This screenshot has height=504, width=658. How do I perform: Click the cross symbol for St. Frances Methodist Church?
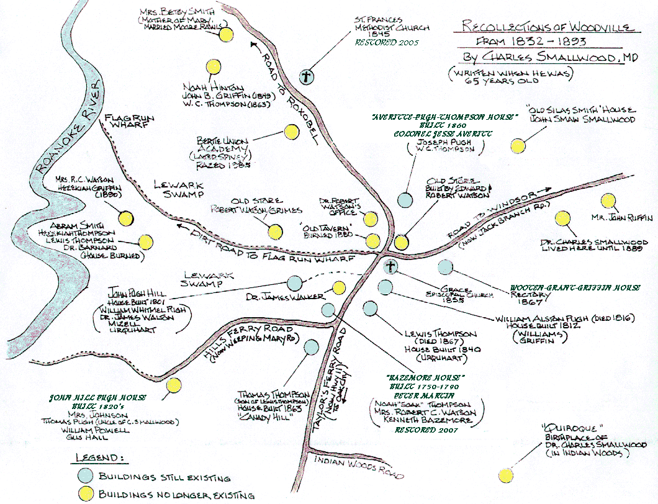click(x=305, y=77)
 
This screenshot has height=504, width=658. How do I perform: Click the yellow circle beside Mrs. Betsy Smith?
click(x=226, y=35)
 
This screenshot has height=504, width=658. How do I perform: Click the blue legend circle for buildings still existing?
click(x=86, y=477)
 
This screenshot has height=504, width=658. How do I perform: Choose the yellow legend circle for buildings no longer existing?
click(x=86, y=495)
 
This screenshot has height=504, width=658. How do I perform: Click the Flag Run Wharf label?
click(x=129, y=123)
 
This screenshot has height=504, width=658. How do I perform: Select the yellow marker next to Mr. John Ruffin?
click(x=608, y=201)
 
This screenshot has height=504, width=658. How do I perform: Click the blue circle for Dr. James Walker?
click(x=295, y=283)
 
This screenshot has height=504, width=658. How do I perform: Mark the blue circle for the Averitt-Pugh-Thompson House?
click(x=405, y=200)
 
